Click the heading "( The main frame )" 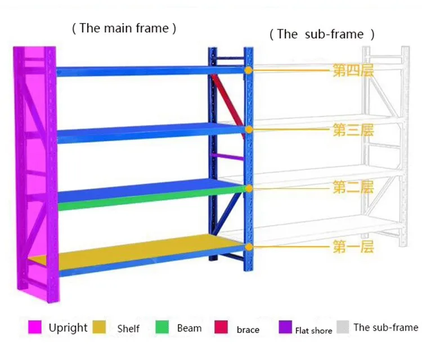pos(124,29)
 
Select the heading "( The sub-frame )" pos(322,34)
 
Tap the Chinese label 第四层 pos(353,71)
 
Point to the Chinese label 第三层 pos(353,130)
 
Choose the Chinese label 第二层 pos(353,187)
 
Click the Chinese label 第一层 pos(353,246)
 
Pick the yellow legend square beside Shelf pos(100,327)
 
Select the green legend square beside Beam pos(163,327)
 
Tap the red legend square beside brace pos(221,327)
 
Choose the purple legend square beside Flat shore pos(285,327)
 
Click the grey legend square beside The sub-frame pos(342,327)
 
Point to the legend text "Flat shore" pos(314,331)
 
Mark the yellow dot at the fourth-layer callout pos(248,71)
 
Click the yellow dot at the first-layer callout pos(248,246)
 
